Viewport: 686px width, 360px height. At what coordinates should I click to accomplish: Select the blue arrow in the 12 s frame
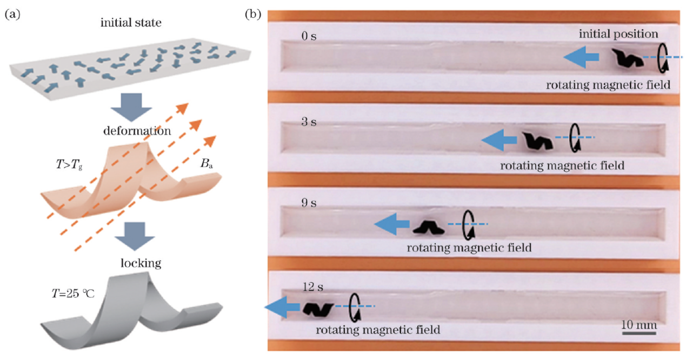tap(282, 308)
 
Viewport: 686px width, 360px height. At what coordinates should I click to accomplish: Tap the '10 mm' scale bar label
tap(638, 325)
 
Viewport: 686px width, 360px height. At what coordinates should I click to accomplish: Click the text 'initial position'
tap(618, 34)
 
